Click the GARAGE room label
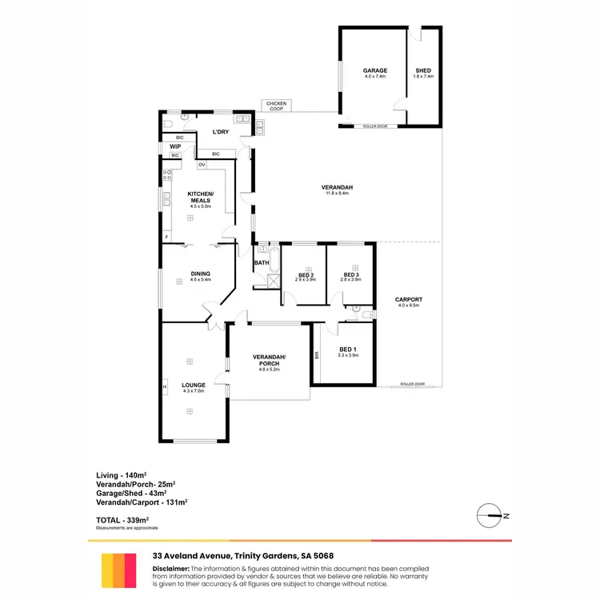click(375, 70)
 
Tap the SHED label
click(423, 70)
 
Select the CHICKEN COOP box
click(275, 106)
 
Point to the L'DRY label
click(221, 132)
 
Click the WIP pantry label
click(174, 146)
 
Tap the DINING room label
click(200, 274)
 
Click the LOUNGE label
click(194, 385)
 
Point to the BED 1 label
click(347, 349)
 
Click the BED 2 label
click(306, 275)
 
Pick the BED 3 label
click(351, 275)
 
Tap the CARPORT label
click(408, 300)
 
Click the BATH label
click(262, 262)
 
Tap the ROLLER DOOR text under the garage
click(374, 126)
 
